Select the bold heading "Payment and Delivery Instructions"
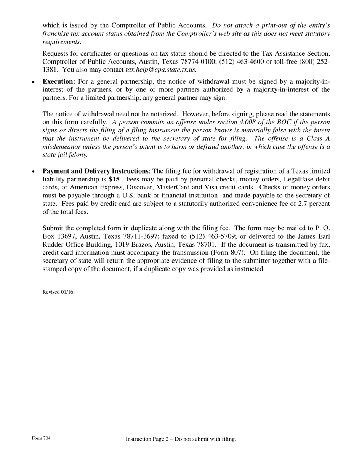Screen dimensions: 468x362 click(95, 171)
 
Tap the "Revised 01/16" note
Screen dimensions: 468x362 click(58, 292)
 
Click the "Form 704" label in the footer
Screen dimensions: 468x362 click(41, 438)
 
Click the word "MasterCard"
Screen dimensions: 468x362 click(173, 187)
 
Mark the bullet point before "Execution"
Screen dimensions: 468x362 click(34, 82)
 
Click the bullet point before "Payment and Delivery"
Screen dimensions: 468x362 click(34, 172)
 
